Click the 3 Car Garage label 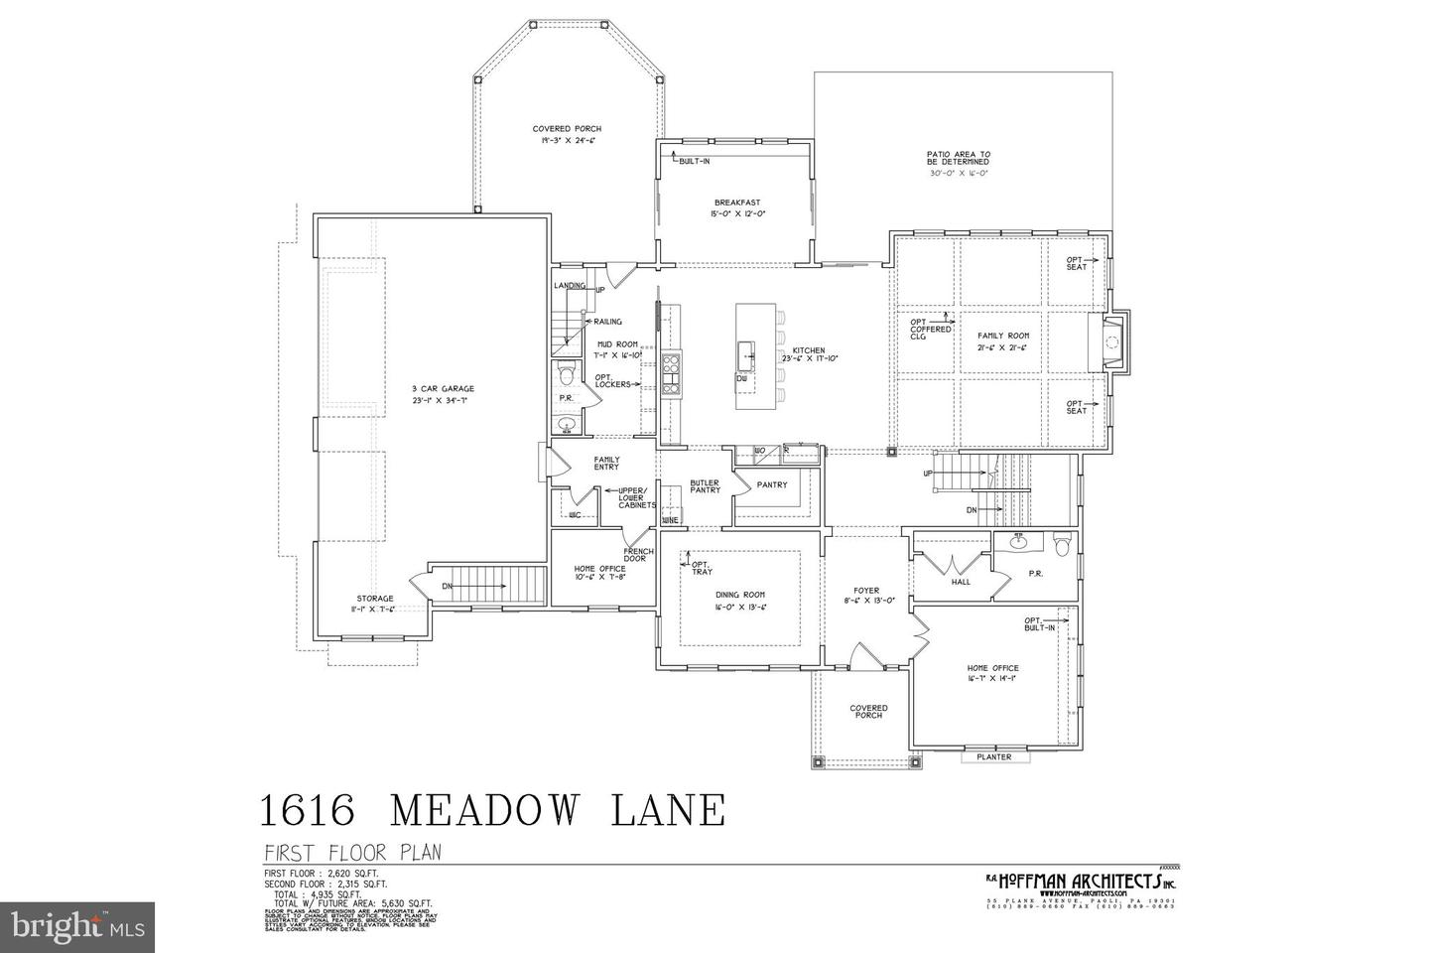pos(445,388)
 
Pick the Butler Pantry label pos(705,486)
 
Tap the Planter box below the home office pos(994,757)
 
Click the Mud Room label pos(616,344)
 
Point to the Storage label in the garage pos(375,599)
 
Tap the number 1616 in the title pos(308,809)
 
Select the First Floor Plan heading pos(351,853)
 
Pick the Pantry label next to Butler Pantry pos(771,484)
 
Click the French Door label pos(638,555)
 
